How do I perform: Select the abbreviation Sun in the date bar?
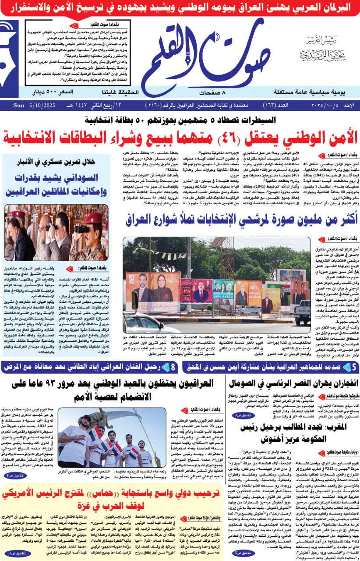[x=18, y=106]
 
